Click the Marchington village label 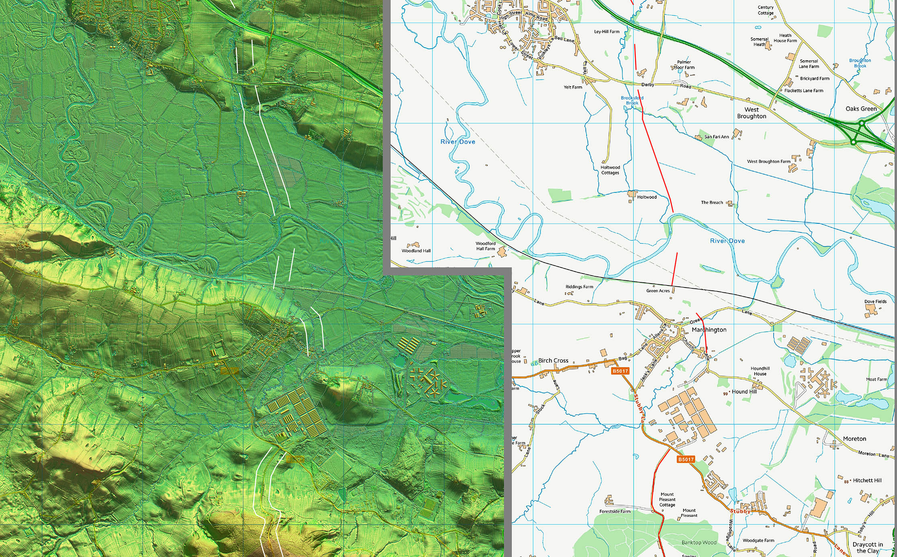pyautogui.click(x=709, y=330)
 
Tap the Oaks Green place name pyautogui.click(x=861, y=109)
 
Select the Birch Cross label pyautogui.click(x=553, y=361)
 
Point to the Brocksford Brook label pyautogui.click(x=632, y=100)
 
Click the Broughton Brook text pyautogui.click(x=860, y=63)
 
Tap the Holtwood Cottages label pyautogui.click(x=610, y=170)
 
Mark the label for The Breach pyautogui.click(x=712, y=202)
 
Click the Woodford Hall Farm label pyautogui.click(x=485, y=246)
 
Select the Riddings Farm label pyautogui.click(x=579, y=287)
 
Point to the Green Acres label pyautogui.click(x=658, y=291)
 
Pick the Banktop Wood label pyautogui.click(x=699, y=543)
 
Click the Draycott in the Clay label pyautogui.click(x=868, y=547)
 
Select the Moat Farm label pyautogui.click(x=876, y=379)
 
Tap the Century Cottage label pyautogui.click(x=766, y=10)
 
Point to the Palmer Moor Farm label pyautogui.click(x=684, y=65)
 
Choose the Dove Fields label pyautogui.click(x=875, y=302)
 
